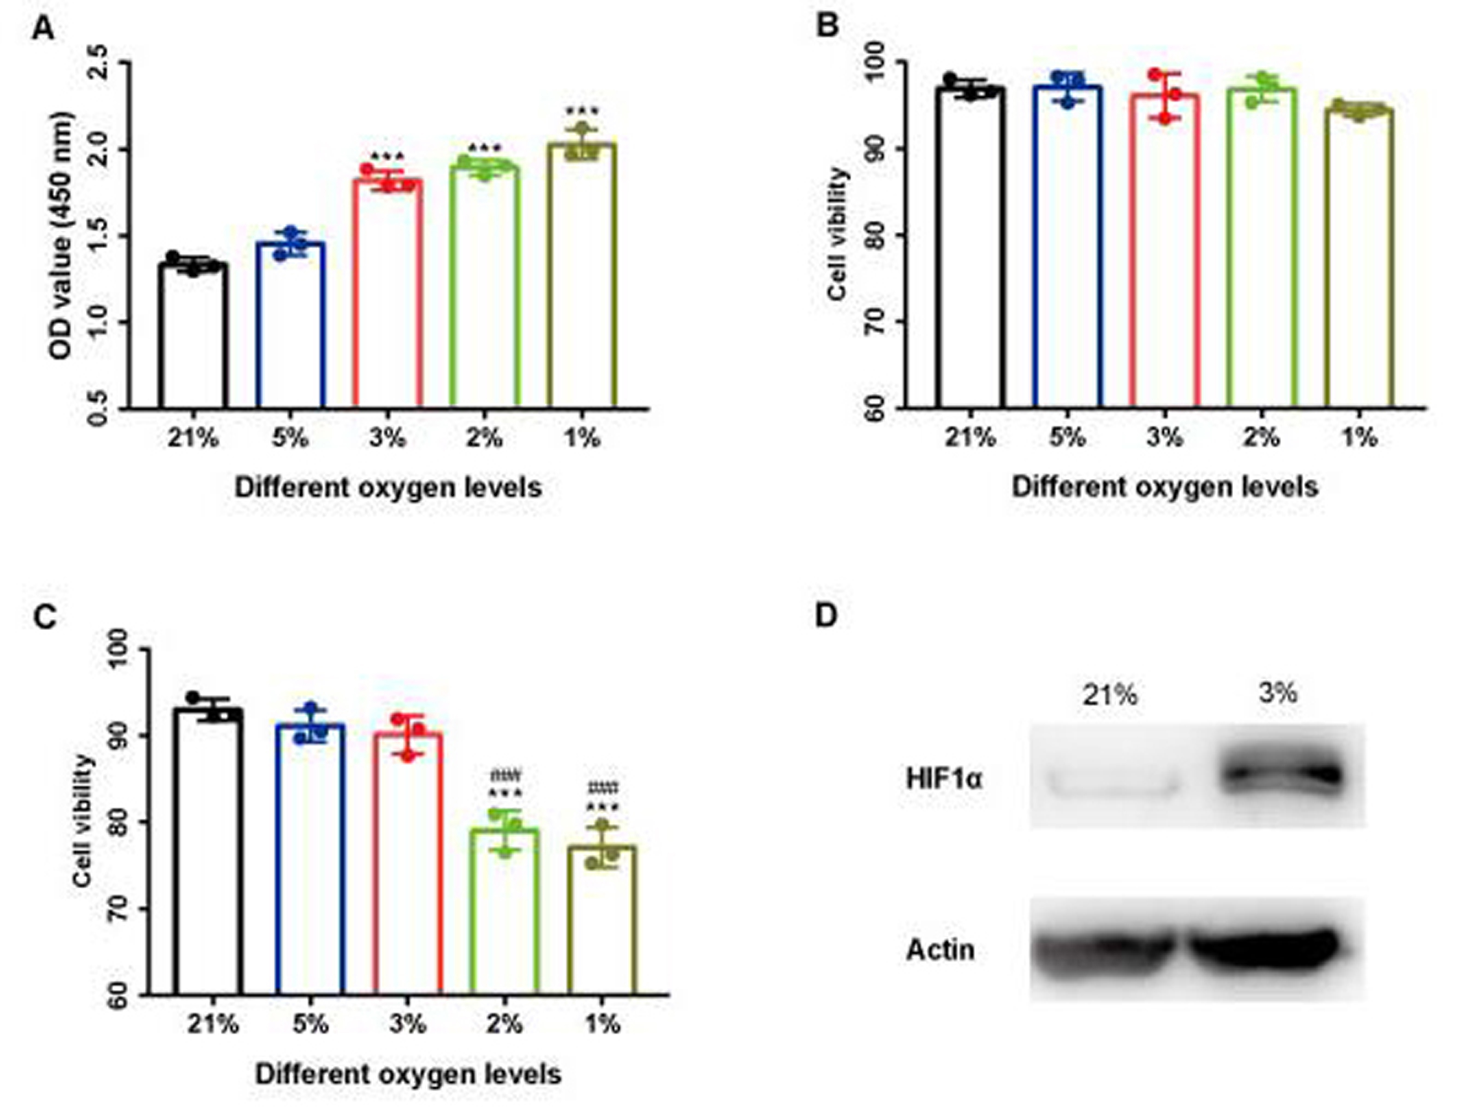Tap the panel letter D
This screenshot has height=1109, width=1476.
(x=826, y=615)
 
